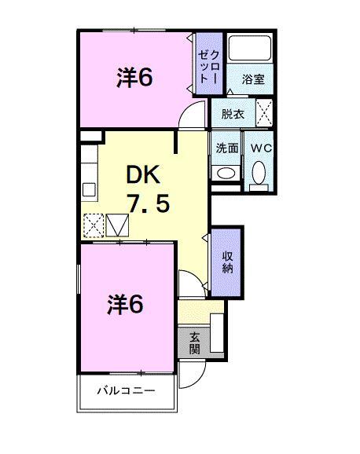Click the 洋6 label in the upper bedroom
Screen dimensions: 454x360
coord(134,77)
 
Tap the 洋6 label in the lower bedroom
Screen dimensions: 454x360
coord(126,305)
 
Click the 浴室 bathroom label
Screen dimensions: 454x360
coord(252,79)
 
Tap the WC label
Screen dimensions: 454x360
coord(260,146)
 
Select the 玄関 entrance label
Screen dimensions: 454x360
coord(194,342)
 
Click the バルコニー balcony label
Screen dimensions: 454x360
coord(126,390)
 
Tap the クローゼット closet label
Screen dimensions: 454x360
coord(209,62)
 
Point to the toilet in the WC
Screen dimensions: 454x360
coord(259,173)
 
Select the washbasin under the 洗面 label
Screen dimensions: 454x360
coord(226,173)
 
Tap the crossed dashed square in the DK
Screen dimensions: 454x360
coord(94,226)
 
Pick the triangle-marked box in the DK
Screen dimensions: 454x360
coord(117,226)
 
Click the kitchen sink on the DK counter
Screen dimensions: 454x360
coord(89,189)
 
